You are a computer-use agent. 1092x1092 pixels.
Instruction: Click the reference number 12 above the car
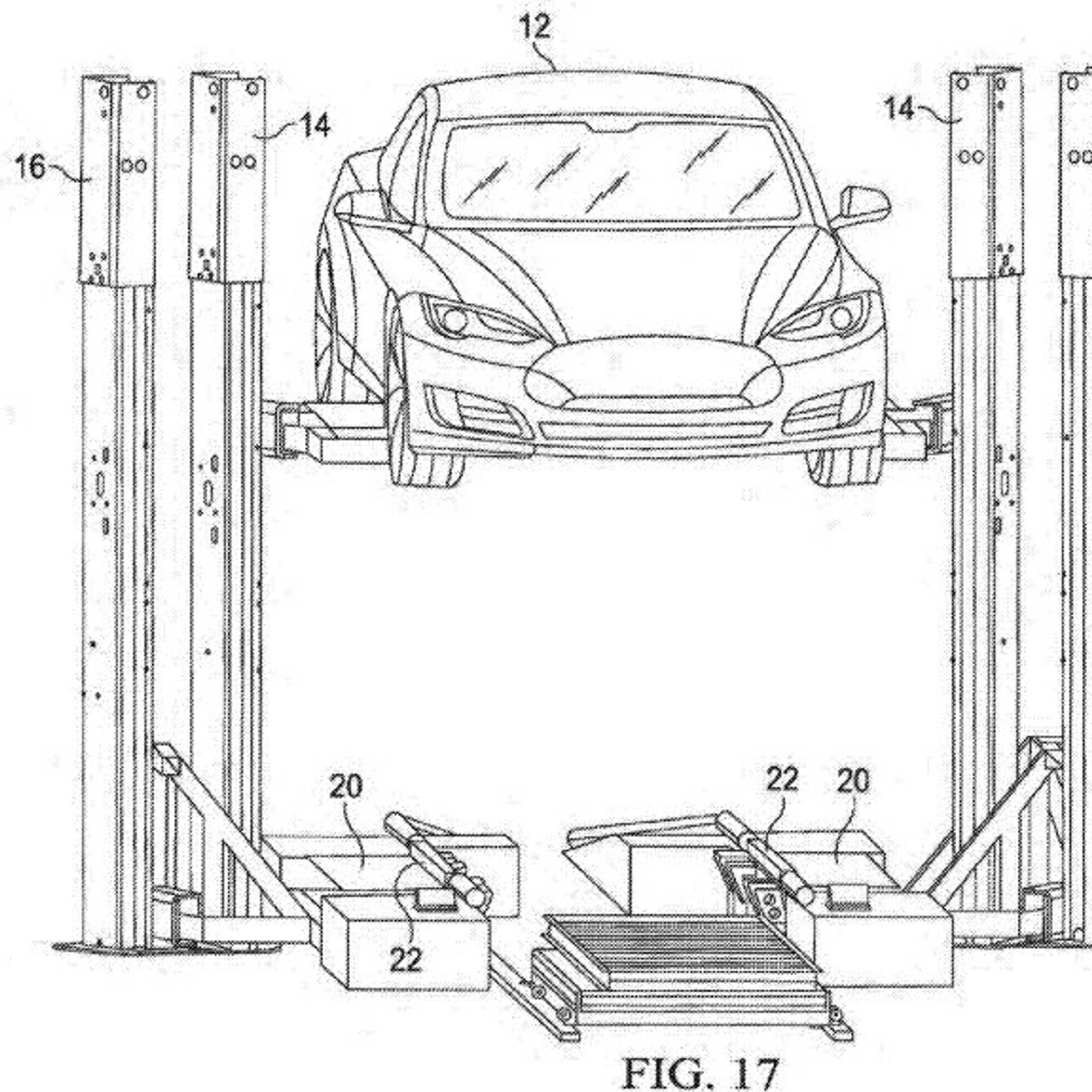point(534,27)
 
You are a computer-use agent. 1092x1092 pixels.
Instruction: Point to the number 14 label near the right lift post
point(899,108)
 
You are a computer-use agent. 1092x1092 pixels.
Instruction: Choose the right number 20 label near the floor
point(853,782)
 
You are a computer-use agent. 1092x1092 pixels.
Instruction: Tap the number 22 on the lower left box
point(406,959)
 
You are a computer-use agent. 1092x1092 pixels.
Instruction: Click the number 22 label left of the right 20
point(782,781)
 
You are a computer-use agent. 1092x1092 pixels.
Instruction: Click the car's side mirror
point(863,204)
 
